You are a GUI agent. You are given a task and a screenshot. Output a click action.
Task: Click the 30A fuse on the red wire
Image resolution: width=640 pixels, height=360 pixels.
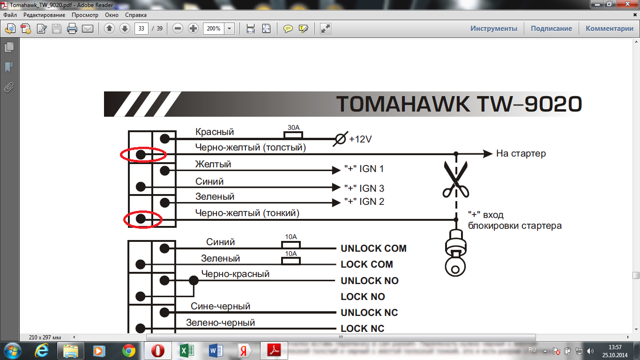pyautogui.click(x=293, y=135)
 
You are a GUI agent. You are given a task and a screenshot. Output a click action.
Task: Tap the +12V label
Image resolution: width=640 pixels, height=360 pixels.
pyautogui.click(x=360, y=139)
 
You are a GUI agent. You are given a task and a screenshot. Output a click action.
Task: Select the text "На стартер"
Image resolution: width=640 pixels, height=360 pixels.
pyautogui.click(x=521, y=154)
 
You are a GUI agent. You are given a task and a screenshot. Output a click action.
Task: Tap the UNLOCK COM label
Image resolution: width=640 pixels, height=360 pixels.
pyautogui.click(x=373, y=248)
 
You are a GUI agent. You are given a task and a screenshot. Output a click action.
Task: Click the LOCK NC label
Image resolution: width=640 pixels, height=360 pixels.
pyautogui.click(x=362, y=329)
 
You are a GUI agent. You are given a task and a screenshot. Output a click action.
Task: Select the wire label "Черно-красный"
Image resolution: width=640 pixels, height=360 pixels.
pyautogui.click(x=235, y=274)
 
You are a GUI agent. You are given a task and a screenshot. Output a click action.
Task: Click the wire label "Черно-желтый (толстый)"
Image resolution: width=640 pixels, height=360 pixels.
pyautogui.click(x=250, y=148)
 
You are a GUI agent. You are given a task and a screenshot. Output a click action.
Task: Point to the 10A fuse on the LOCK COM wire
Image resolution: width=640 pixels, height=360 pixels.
pyautogui.click(x=291, y=261)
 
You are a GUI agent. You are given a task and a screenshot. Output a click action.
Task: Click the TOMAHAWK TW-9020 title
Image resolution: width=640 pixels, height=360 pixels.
pyautogui.click(x=459, y=104)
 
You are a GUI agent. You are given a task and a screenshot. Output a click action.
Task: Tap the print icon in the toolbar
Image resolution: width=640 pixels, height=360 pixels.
pyautogui.click(x=72, y=29)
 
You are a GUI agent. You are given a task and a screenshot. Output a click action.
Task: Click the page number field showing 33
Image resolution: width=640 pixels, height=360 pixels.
pyautogui.click(x=141, y=29)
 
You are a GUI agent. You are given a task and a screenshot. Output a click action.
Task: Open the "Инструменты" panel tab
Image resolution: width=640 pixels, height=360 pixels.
pyautogui.click(x=494, y=29)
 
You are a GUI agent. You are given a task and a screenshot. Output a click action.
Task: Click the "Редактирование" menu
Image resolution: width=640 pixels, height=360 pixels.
pyautogui.click(x=44, y=15)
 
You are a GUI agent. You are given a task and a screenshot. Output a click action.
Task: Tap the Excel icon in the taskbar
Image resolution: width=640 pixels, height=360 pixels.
pyautogui.click(x=187, y=350)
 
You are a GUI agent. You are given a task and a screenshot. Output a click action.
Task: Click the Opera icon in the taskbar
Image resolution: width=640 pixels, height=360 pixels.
pyautogui.click(x=157, y=350)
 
